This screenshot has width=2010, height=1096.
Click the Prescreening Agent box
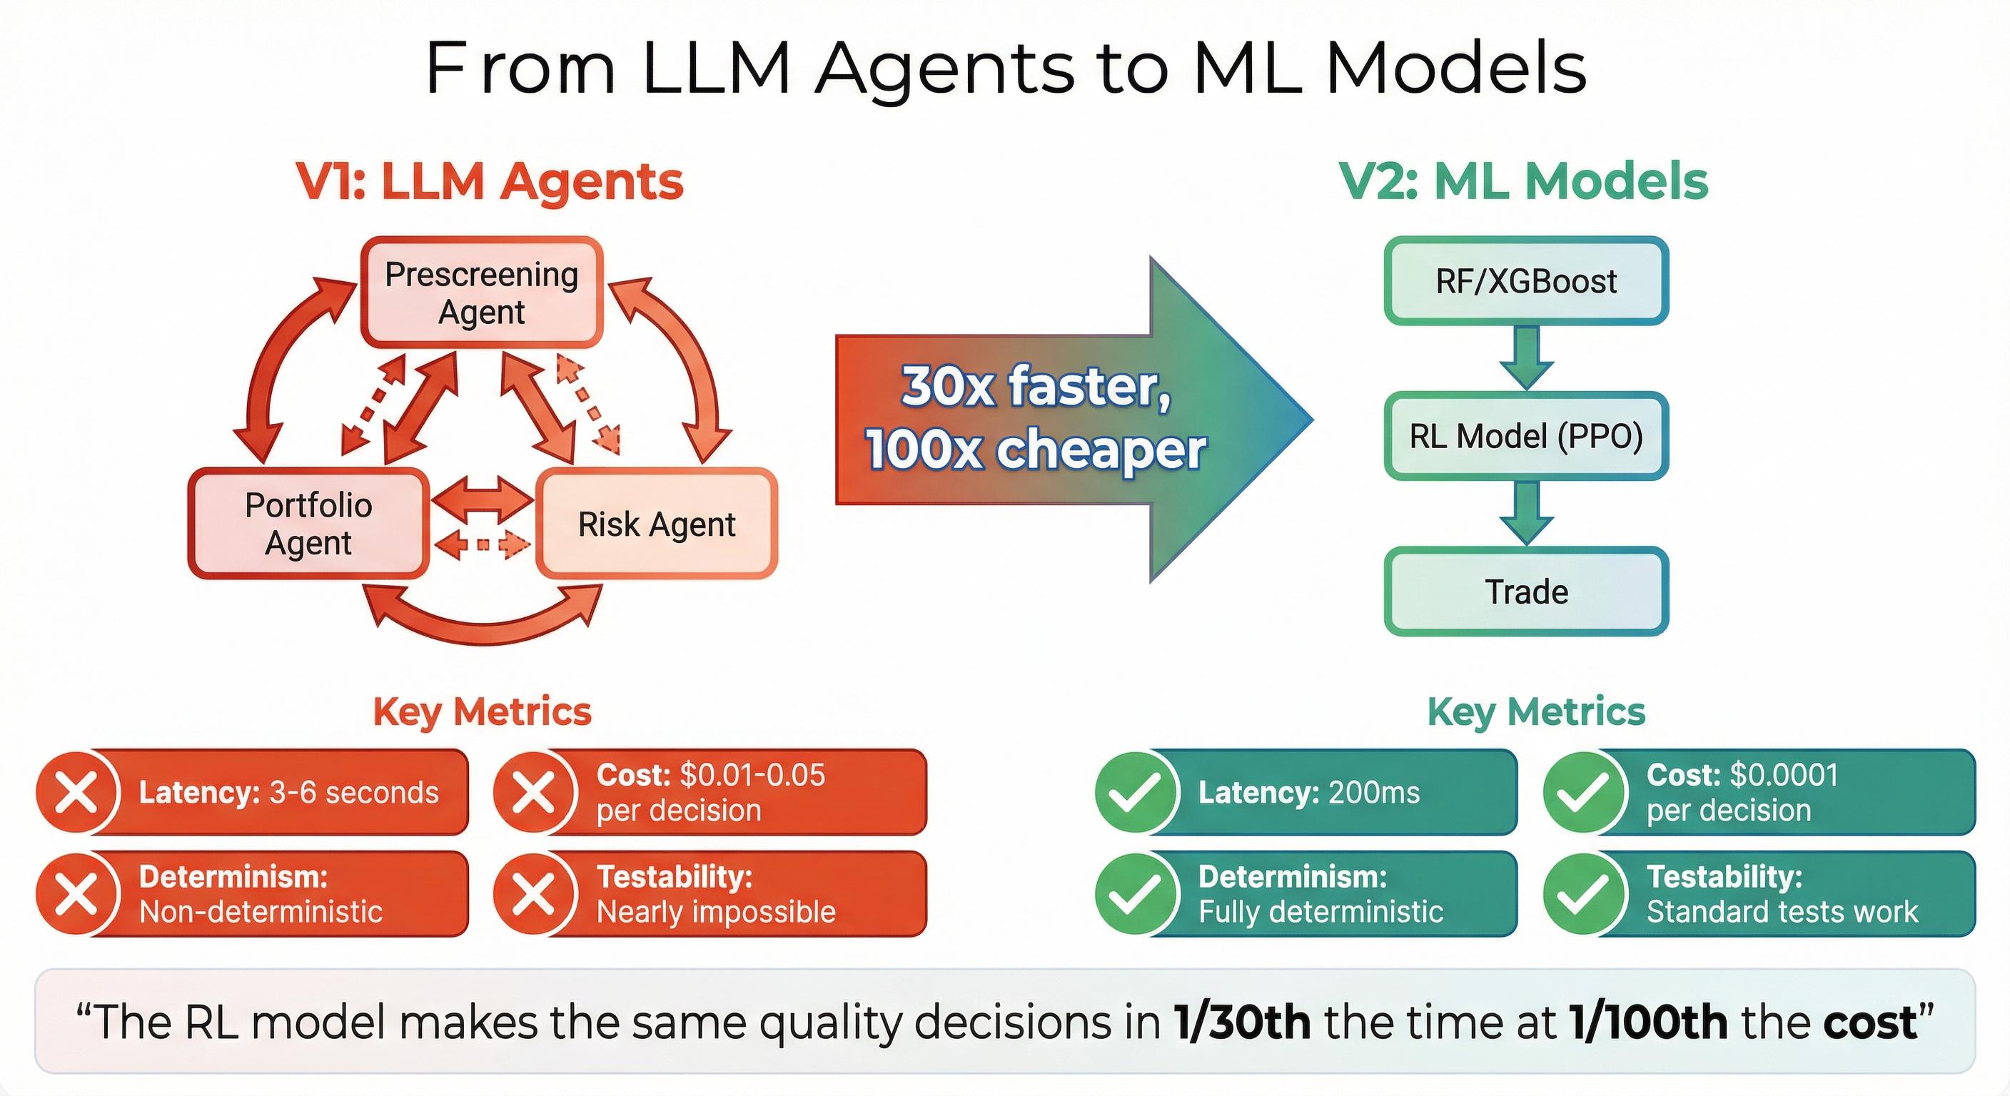point(481,293)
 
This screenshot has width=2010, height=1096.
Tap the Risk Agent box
point(656,524)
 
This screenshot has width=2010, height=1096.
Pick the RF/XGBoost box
point(1525,281)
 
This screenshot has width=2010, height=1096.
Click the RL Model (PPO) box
point(1525,436)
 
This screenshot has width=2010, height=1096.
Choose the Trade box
point(1525,592)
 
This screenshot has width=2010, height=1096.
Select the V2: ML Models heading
point(1523,182)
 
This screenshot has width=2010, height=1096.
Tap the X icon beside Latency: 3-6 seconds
point(77,792)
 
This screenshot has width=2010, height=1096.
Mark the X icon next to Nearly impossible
point(535,894)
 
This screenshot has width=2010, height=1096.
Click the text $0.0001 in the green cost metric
point(1784,775)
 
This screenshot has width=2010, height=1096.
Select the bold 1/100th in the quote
point(1648,1023)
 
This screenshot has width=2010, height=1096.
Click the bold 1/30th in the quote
point(1241,1023)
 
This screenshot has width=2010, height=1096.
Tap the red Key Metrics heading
point(483,711)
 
